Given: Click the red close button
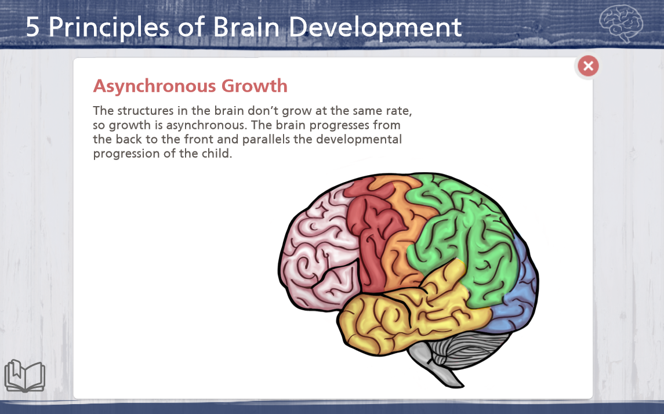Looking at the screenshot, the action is coord(588,66).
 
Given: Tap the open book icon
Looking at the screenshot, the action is coord(24,376).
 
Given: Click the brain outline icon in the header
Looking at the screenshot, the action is coord(621,23).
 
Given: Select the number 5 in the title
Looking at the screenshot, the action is coord(32,27).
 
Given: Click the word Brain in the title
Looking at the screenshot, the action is coord(246,27).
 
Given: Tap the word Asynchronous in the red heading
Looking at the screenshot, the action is coord(155,86).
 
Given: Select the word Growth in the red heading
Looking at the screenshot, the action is coord(255,86).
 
